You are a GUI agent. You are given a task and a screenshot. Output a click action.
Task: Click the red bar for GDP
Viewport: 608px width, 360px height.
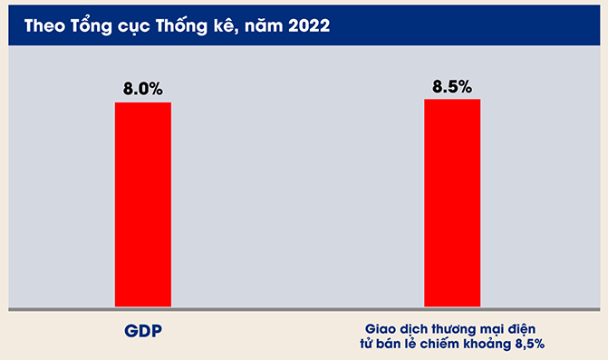tap(142, 204)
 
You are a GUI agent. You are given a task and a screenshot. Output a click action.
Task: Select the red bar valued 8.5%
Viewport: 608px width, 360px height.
tap(452, 203)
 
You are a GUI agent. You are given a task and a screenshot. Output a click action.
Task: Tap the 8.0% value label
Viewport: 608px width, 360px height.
tap(142, 89)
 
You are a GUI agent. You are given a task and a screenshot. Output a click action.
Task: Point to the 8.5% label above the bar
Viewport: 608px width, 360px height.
tap(452, 86)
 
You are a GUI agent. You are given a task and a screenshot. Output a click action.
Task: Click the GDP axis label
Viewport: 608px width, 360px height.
tap(143, 330)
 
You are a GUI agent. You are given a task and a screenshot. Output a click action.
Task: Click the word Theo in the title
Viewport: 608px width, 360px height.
tap(44, 25)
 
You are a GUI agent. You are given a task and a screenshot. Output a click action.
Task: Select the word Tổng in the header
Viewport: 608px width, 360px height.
tap(92, 25)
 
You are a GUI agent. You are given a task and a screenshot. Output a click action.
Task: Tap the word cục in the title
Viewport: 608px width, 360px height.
tap(133, 28)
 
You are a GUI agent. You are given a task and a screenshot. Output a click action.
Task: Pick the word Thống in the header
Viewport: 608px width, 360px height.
tap(181, 25)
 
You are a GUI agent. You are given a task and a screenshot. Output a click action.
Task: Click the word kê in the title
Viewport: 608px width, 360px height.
tap(226, 25)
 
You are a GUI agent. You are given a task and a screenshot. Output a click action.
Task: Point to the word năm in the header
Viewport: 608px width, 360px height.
tap(264, 25)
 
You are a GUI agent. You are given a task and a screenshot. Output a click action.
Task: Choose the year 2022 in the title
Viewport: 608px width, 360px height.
tap(309, 25)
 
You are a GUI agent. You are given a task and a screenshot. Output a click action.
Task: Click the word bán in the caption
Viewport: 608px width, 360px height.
tap(389, 344)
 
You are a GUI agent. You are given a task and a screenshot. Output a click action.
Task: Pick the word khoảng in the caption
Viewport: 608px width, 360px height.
tap(487, 345)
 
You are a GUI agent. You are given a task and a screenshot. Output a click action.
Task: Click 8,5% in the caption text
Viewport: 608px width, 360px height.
tap(530, 344)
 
